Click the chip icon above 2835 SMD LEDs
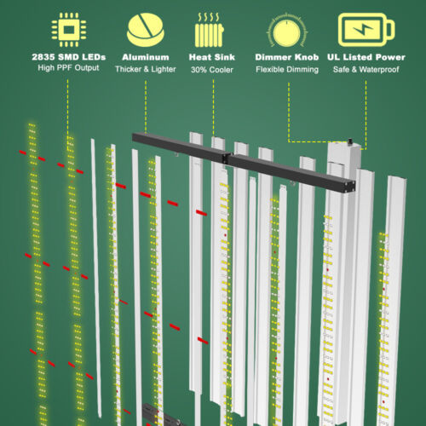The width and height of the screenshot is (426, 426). click(69, 30)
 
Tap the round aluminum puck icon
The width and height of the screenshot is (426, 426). click(146, 30)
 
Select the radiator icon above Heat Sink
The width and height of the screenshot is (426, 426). click(210, 30)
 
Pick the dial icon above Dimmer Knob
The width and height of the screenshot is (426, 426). click(287, 31)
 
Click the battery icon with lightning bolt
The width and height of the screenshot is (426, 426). click(366, 30)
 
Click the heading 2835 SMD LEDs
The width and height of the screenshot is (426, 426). click(69, 57)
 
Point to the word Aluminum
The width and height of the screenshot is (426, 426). click(146, 57)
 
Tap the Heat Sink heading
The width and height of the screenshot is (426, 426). click(212, 57)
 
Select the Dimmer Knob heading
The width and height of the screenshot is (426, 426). click(287, 57)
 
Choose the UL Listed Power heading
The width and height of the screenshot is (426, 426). click(366, 57)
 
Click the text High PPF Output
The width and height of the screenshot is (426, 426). click(68, 68)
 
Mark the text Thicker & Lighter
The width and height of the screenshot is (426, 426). click(146, 69)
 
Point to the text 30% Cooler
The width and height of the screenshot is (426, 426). click(212, 70)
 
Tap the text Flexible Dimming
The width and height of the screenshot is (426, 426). click(287, 70)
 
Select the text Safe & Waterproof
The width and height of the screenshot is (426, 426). click(366, 70)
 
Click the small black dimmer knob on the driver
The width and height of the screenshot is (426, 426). click(351, 141)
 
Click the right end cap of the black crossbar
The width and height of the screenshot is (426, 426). click(351, 187)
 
